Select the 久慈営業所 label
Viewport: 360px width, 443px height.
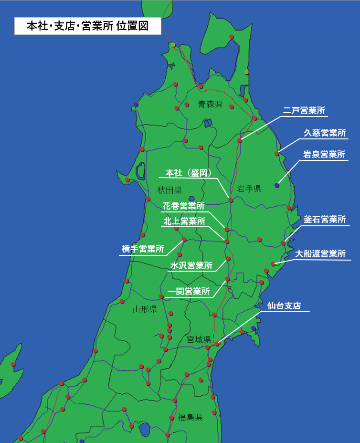pos(325,133)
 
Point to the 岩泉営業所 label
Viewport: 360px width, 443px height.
pos(325,155)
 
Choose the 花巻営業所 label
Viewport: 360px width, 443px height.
pos(184,206)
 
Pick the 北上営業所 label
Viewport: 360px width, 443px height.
pos(184,221)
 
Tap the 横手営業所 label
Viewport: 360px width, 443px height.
pos(143,249)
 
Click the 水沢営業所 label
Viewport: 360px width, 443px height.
pos(191,266)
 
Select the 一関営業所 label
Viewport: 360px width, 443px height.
pos(189,291)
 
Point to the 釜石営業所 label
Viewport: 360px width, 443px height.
pos(325,220)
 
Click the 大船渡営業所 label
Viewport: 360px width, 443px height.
pos(320,253)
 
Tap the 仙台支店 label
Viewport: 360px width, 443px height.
pos(284,306)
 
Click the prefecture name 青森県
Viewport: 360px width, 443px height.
pos(211,104)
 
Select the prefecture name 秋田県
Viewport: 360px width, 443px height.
pos(169,190)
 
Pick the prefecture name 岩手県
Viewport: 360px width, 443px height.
pos(249,189)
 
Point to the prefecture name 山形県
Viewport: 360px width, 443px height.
pos(145,309)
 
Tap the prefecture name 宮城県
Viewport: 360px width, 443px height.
pos(199,340)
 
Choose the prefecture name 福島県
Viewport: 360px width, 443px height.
pos(190,417)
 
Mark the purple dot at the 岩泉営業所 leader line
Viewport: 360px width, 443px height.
pos(277,185)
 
